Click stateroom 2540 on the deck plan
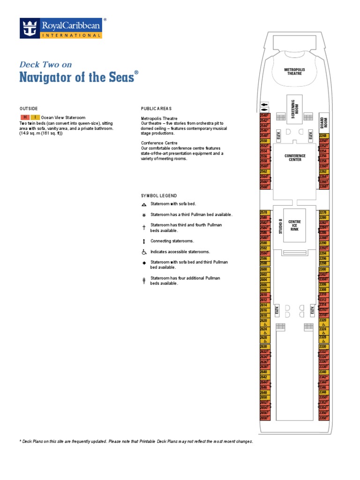264,115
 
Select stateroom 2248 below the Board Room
323,136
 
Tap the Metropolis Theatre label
294,72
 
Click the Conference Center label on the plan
295,158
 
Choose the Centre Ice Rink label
294,225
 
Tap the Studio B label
280,226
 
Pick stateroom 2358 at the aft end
323,418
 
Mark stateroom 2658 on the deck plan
264,418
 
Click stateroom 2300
323,270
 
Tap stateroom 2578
264,213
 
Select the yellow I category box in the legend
35,117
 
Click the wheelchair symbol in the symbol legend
144,252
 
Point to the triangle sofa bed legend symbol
144,204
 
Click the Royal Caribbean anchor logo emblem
30,28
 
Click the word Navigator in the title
45,77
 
